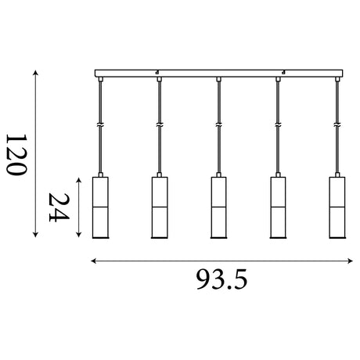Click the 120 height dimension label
16,155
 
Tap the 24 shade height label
59,207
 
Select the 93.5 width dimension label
221,279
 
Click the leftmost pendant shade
100,207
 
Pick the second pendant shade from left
160,207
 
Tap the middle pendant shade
218,207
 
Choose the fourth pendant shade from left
278,207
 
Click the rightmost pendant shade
337,207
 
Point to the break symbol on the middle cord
218,125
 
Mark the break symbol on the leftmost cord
100,125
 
